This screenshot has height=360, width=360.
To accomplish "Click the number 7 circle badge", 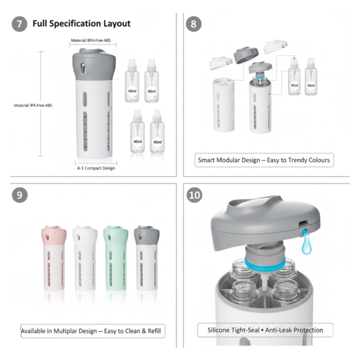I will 19,24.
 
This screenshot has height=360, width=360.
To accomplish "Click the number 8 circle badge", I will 194,24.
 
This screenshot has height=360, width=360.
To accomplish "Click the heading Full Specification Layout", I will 82,24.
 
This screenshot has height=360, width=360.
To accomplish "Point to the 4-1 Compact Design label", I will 95,168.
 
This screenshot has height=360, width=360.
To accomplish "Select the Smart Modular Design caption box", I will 265,160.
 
